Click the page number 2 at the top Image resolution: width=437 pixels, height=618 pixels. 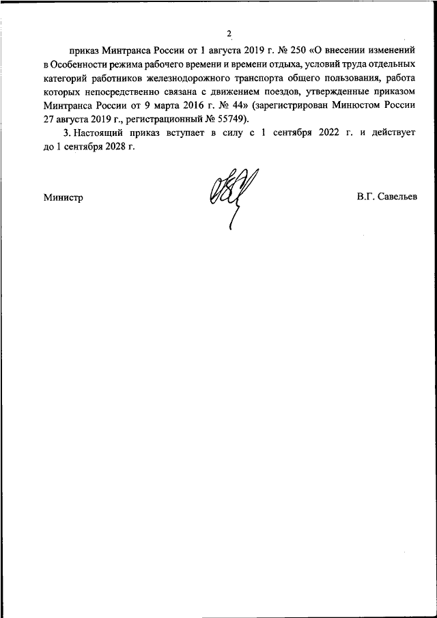click(230, 33)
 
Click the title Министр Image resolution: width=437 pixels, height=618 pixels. click(62, 198)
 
